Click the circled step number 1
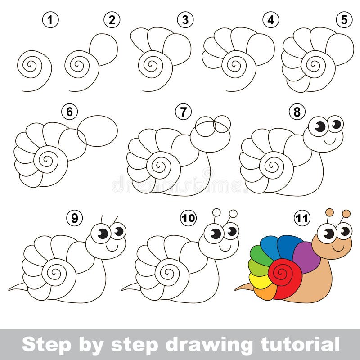tap(51, 20)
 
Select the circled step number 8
tap(297, 112)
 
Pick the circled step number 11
tap(302, 218)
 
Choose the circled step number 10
tap(189, 218)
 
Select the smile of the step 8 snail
tap(330, 140)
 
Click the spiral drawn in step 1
tap(31, 65)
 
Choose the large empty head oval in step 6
tap(98, 130)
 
